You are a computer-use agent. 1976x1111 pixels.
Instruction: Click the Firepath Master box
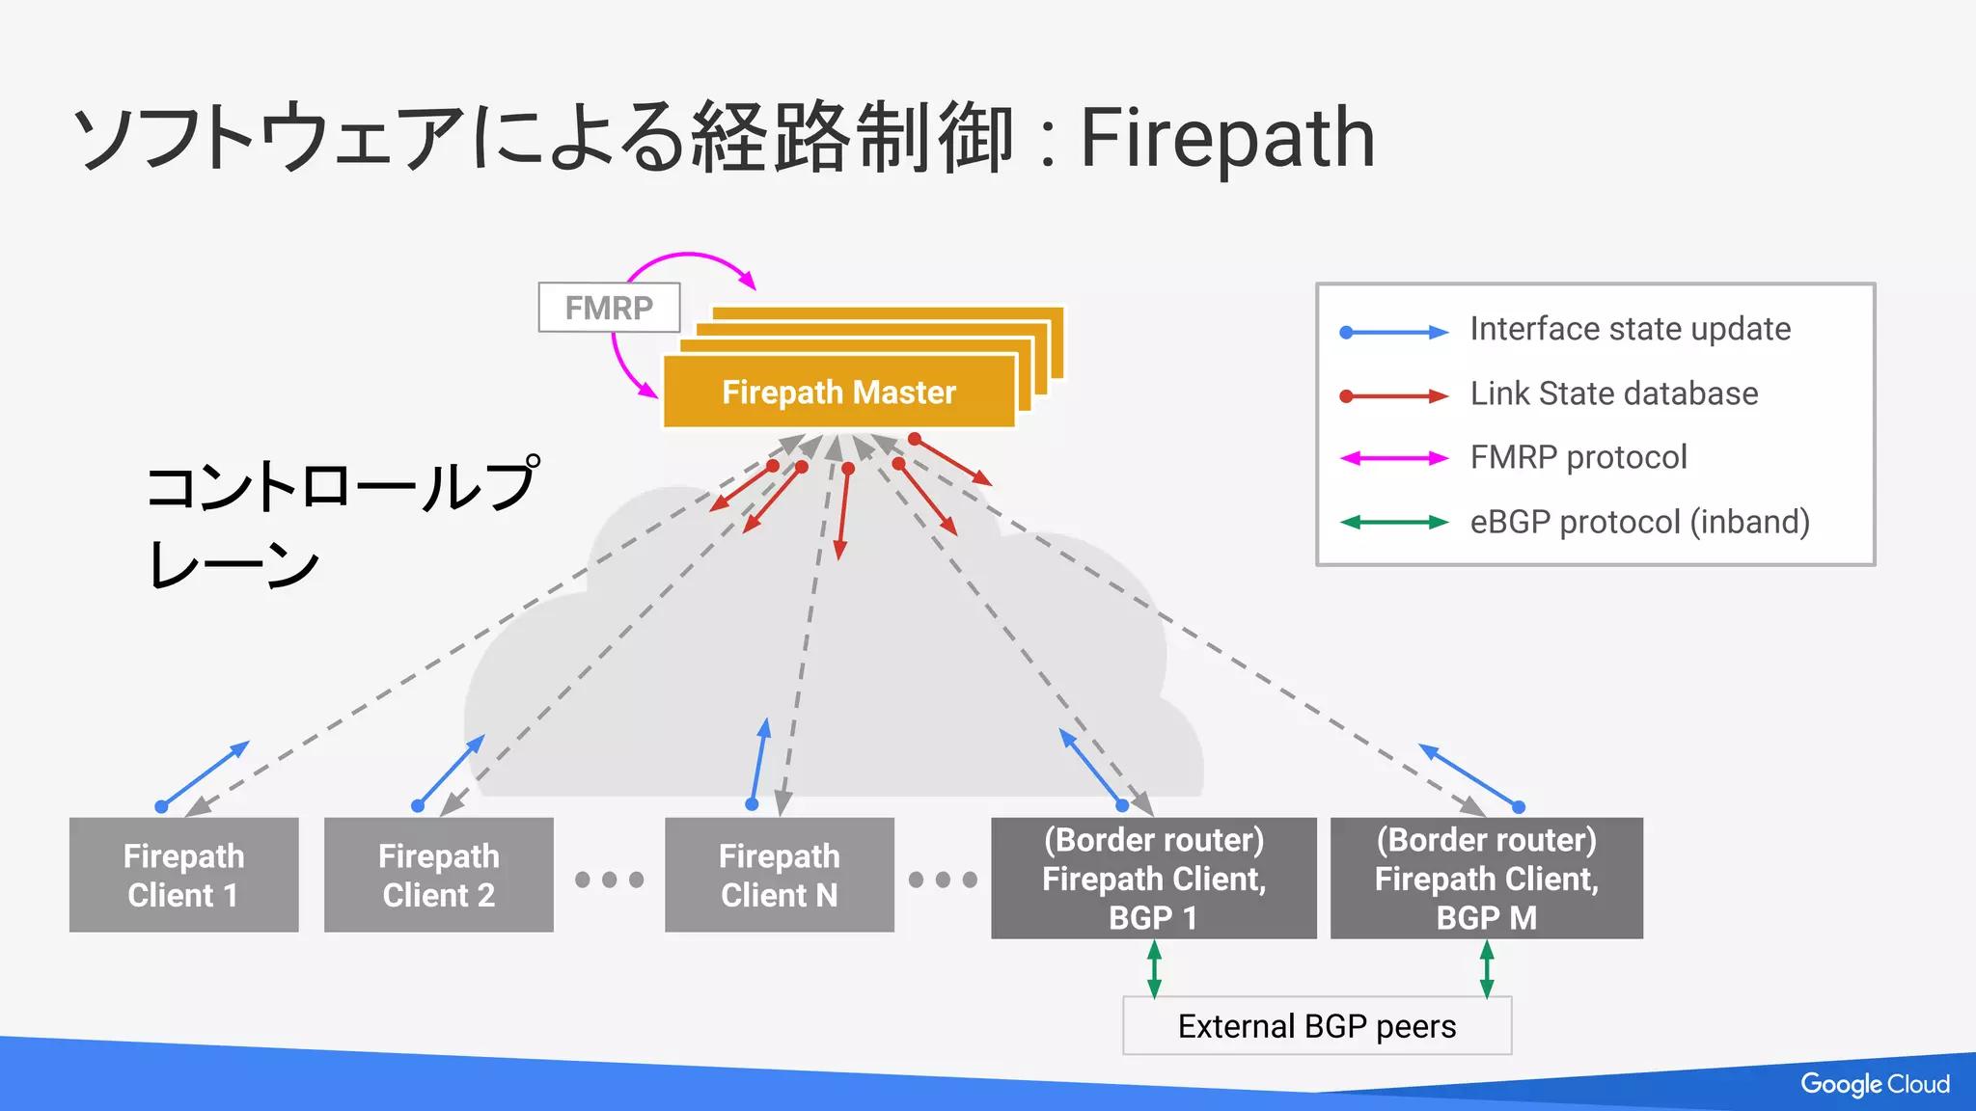(838, 392)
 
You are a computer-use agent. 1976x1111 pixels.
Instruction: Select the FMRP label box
(609, 308)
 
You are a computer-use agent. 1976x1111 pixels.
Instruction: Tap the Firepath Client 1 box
(183, 875)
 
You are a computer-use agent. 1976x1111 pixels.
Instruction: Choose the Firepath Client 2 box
(438, 875)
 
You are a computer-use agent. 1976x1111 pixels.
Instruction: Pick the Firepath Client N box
(779, 875)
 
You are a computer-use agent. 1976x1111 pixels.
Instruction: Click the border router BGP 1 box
(1153, 878)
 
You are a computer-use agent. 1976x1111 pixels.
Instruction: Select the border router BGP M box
(1486, 878)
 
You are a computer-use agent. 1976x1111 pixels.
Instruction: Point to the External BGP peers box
(1316, 1026)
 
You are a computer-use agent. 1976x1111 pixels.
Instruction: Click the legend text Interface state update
(1630, 329)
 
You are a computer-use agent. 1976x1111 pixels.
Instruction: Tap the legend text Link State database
(1613, 393)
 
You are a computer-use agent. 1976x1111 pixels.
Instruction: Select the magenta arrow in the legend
(1393, 458)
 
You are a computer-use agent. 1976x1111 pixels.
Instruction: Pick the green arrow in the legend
(1393, 522)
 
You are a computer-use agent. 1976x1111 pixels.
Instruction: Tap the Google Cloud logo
(1874, 1084)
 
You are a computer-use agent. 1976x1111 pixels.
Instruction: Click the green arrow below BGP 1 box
(1154, 968)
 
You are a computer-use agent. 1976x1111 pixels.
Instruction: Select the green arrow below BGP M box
(1487, 968)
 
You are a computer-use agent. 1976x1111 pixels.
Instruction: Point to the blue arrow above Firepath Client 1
(205, 774)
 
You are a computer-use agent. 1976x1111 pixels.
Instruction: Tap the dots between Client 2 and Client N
(609, 880)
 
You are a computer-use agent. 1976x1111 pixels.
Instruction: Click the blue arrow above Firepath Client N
(758, 762)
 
